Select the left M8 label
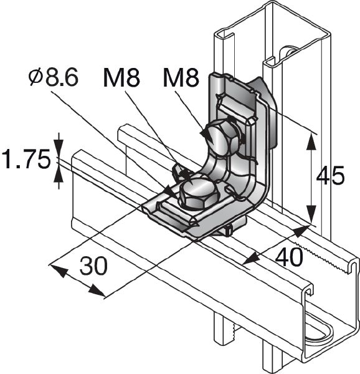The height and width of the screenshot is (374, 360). (x=121, y=79)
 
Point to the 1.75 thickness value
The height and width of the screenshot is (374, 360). (x=25, y=160)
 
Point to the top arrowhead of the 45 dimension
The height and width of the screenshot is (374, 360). (x=310, y=140)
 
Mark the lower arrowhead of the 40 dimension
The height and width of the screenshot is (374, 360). (x=249, y=260)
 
